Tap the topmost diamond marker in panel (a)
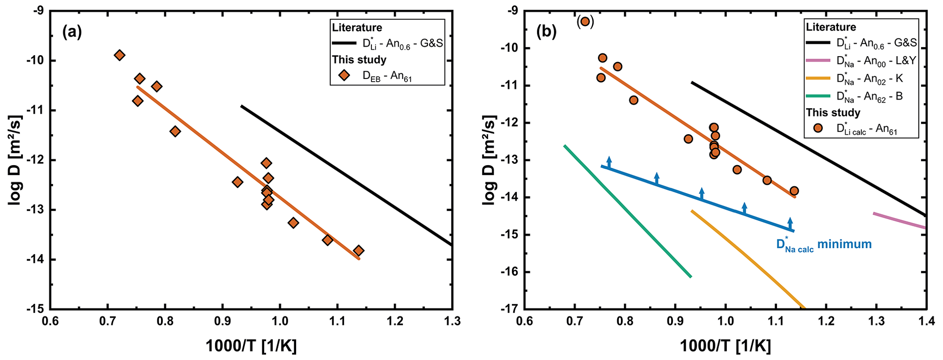pos(120,55)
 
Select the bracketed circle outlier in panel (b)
pos(585,21)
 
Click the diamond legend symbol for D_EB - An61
pos(344,76)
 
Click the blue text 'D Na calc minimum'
pos(824,245)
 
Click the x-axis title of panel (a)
pos(251,347)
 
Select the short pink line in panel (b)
pos(899,220)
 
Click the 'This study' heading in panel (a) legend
pos(359,60)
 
